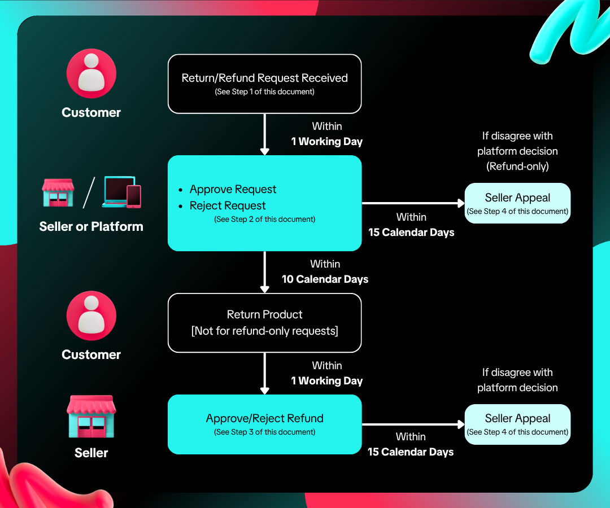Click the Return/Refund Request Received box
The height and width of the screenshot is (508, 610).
[x=264, y=84]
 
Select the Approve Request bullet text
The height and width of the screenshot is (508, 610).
[x=233, y=189]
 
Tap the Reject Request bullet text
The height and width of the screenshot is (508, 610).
[x=228, y=205]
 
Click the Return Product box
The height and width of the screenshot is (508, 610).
[x=264, y=323]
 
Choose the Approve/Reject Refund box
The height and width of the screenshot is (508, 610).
[x=264, y=424]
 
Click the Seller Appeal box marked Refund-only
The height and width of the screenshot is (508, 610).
[x=517, y=203]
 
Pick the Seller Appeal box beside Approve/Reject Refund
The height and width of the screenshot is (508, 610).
[x=517, y=424]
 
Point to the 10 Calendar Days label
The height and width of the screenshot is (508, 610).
[x=325, y=279]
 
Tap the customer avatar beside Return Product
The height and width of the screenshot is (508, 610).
[x=91, y=316]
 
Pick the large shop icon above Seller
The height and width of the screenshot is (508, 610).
[x=91, y=416]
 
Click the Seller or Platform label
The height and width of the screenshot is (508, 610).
[x=91, y=226]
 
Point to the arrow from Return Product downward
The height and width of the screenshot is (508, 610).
[x=264, y=373]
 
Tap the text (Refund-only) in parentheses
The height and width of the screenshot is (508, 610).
[x=517, y=167]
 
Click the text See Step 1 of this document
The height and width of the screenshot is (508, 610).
[x=264, y=91]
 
